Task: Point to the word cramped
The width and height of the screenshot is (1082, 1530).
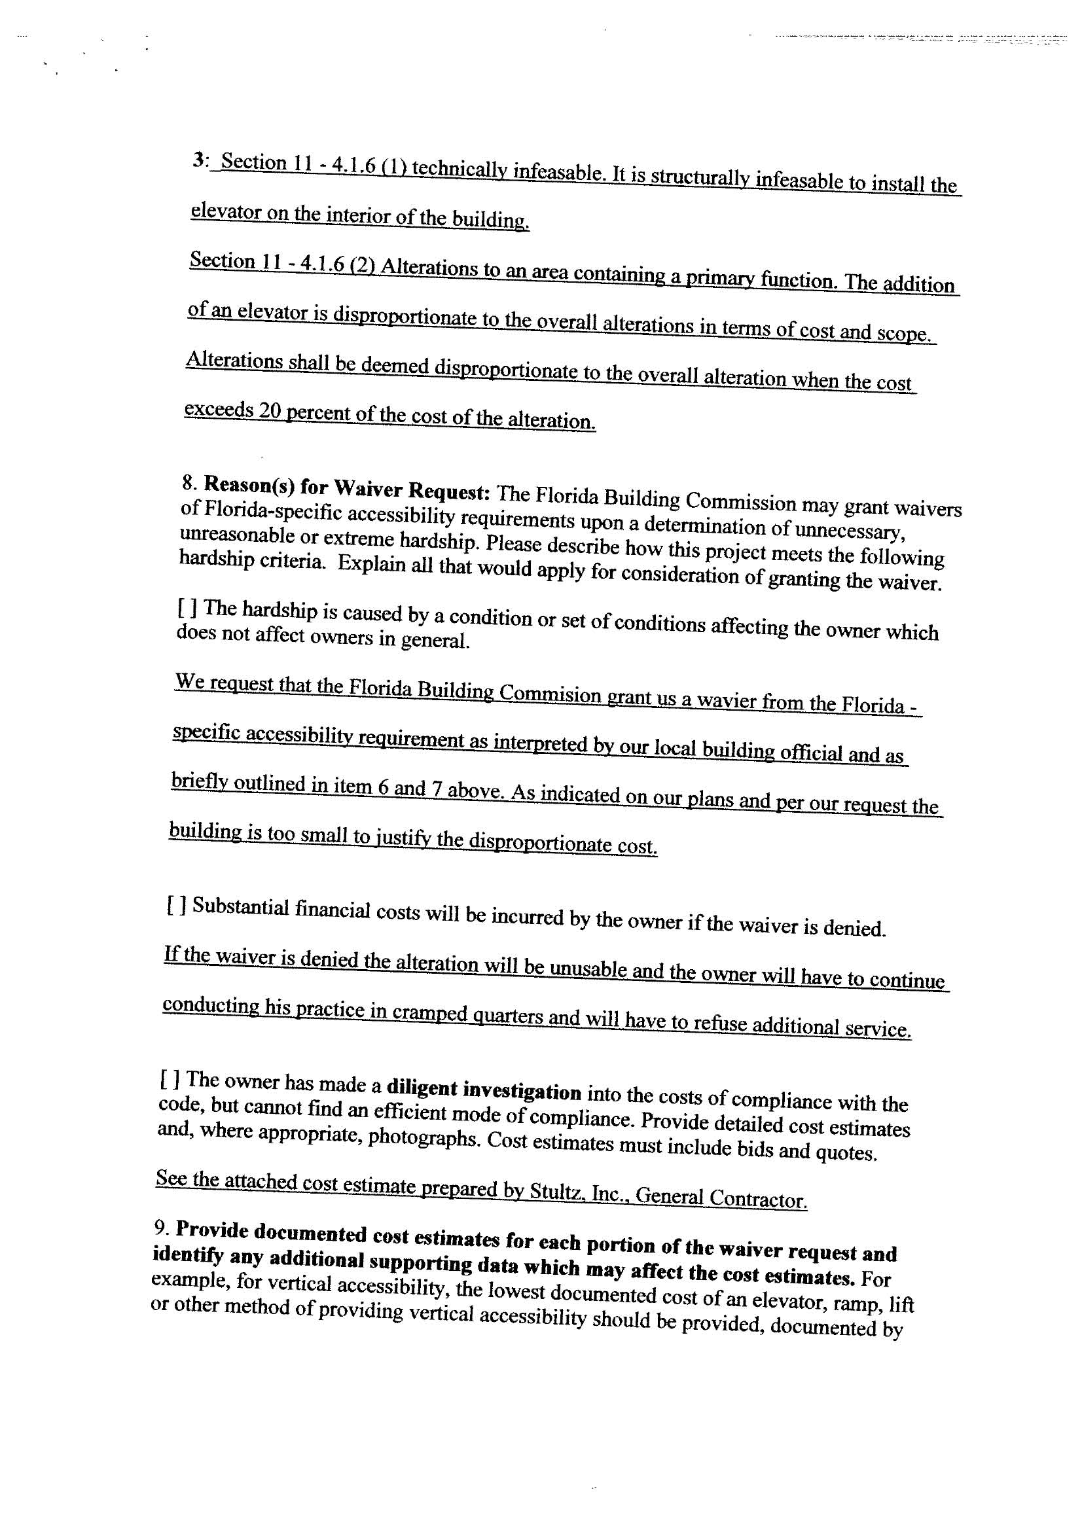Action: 429,1012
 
